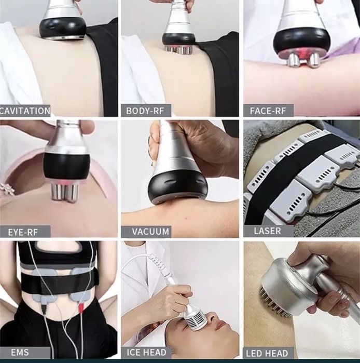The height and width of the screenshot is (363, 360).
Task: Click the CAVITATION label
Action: tap(25, 111)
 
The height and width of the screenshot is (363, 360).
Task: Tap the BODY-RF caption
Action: tap(145, 111)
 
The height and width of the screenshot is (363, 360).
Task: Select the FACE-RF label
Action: tap(268, 111)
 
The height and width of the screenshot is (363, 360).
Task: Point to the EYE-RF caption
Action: tap(23, 232)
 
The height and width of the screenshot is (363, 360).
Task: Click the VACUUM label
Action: tap(150, 232)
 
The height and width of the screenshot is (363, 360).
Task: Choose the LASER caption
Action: tap(268, 231)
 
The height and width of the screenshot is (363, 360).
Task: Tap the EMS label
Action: tap(20, 352)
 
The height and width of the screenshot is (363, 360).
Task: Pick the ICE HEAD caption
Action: tap(146, 352)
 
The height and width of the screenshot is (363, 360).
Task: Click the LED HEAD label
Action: tap(267, 353)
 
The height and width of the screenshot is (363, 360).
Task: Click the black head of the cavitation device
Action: tap(63, 28)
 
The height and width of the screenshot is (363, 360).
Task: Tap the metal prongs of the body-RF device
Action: tap(177, 49)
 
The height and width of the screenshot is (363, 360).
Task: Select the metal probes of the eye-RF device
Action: tap(64, 192)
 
